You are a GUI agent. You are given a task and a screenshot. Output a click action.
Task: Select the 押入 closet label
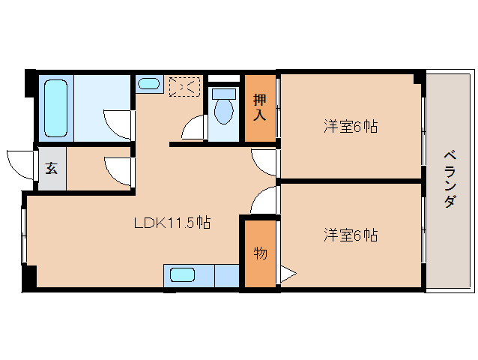pyautogui.click(x=260, y=107)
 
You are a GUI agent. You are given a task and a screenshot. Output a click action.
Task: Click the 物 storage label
pyautogui.click(x=259, y=253)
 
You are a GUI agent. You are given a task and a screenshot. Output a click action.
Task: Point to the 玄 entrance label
pyautogui.click(x=52, y=168)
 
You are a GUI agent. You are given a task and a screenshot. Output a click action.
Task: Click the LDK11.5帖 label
pyautogui.click(x=172, y=223)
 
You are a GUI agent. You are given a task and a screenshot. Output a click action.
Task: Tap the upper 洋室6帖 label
pyautogui.click(x=350, y=126)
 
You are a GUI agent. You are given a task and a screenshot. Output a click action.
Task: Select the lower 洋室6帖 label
pyautogui.click(x=350, y=235)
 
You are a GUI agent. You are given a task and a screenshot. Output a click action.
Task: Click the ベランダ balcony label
pyautogui.click(x=450, y=180)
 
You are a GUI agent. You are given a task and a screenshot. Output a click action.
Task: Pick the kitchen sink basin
pyautogui.click(x=182, y=274)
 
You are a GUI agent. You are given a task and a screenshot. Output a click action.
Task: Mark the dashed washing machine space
pyautogui.click(x=184, y=87)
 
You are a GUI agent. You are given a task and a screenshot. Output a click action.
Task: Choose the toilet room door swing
pyautogui.click(x=194, y=129)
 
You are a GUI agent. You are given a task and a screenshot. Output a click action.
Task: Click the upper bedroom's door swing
pyautogui.click(x=265, y=162)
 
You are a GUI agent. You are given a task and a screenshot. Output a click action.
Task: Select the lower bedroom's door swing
pyautogui.click(x=266, y=201)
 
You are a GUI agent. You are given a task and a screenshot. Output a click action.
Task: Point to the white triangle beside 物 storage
pyautogui.click(x=287, y=274)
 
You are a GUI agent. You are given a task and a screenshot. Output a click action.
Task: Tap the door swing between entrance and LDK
pyautogui.click(x=118, y=169)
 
